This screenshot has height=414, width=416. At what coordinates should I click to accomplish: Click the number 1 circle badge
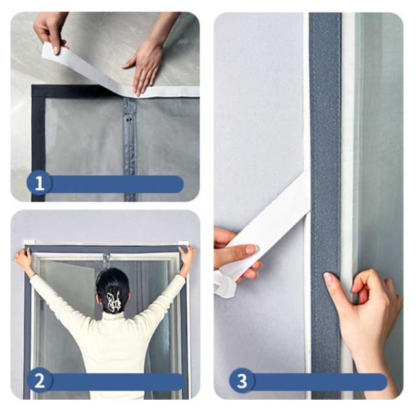[x=39, y=183]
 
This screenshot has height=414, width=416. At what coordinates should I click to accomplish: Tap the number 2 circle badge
[x=40, y=381]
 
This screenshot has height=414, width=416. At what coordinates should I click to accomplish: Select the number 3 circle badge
[x=242, y=381]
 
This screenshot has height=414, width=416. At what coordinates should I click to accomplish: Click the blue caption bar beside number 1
[x=117, y=184]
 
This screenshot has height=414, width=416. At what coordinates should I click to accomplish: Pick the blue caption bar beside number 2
[x=117, y=382]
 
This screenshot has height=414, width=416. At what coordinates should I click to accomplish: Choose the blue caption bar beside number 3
[x=320, y=382]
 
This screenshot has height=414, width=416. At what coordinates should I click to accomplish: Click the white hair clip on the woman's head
[x=113, y=301]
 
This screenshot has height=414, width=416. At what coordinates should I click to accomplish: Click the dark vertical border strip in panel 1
[x=38, y=143]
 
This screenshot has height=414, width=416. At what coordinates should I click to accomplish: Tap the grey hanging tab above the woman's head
[x=107, y=260]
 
